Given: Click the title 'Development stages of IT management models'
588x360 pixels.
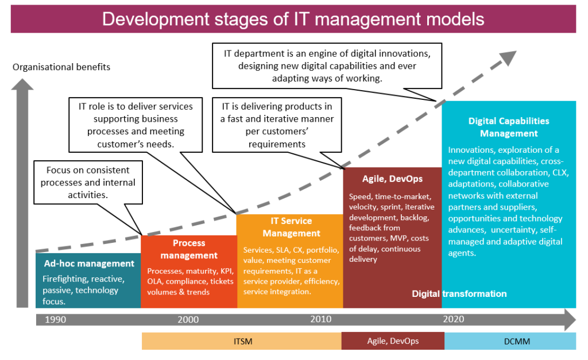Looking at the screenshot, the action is [x=293, y=19].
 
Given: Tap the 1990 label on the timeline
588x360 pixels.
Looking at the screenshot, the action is [x=56, y=319].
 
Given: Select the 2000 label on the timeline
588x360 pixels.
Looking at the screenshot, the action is [x=188, y=319].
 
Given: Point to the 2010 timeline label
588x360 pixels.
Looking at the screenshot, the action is [x=321, y=319].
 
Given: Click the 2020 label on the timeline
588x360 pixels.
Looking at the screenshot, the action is [x=454, y=319].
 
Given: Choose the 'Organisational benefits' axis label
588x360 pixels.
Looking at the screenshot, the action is [x=61, y=67].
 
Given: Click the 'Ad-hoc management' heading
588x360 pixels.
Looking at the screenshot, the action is [x=89, y=264].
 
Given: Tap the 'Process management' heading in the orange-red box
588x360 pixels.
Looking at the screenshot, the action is [x=189, y=249].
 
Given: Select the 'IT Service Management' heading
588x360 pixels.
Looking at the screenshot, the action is [x=291, y=227].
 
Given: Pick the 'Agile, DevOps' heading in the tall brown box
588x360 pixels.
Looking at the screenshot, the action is [x=392, y=179].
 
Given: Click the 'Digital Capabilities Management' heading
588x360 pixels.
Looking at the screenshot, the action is [x=509, y=127].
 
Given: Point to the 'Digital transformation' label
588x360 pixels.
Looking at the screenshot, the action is [x=459, y=293].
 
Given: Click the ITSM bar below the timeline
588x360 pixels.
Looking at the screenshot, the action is [x=242, y=341].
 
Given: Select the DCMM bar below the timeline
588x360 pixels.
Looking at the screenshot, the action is [x=510, y=341].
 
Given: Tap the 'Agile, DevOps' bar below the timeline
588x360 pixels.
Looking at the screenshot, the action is [x=393, y=341].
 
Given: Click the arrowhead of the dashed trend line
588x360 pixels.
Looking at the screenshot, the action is [x=508, y=57].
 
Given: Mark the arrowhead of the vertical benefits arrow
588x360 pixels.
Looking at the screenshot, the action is [x=22, y=84].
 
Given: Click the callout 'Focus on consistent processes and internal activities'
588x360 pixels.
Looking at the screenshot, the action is [x=88, y=183].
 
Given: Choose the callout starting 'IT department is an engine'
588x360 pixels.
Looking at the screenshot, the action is [x=327, y=66].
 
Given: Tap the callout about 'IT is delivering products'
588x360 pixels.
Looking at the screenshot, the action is [x=277, y=125].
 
